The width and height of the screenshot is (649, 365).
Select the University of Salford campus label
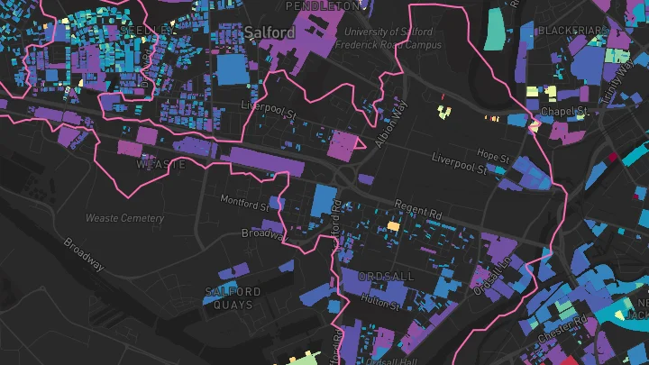pos(388,39)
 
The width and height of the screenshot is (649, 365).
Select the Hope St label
pos(494,157)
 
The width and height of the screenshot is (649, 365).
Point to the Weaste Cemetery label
pos(124,218)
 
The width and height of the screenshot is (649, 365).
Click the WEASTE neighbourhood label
pos(160,165)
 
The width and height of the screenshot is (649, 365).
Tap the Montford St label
pos(245,205)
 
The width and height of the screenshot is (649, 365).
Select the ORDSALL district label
pos(385,275)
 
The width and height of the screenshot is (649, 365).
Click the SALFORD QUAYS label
pos(233,298)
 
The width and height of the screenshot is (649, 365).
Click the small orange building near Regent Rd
pos(392,225)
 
